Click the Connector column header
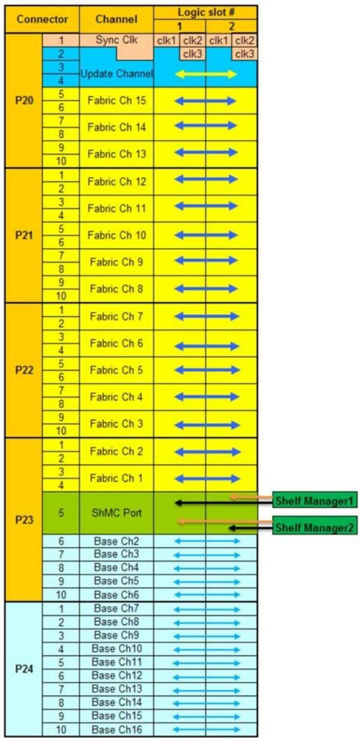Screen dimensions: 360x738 (x=42, y=19)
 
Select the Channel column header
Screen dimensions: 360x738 (x=116, y=19)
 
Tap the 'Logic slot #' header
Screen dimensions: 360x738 (x=206, y=12)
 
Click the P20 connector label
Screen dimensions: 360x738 (x=24, y=100)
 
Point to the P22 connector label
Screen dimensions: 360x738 (x=24, y=370)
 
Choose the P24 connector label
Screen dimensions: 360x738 (x=24, y=669)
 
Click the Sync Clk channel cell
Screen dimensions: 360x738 (x=116, y=40)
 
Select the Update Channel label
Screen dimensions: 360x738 (x=116, y=74)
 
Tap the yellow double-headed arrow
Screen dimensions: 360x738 (x=206, y=74)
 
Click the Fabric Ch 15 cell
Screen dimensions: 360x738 (x=116, y=100)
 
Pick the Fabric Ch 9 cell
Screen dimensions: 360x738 (x=116, y=262)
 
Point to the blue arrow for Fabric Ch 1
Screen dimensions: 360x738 (x=207, y=479)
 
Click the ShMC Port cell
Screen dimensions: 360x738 (x=116, y=513)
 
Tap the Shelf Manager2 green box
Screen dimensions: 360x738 (x=315, y=528)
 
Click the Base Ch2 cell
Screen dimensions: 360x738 (x=116, y=541)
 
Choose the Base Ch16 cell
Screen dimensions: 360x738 (x=116, y=730)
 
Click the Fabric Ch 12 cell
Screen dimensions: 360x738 (x=116, y=181)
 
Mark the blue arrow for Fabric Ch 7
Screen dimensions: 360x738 (x=207, y=317)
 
